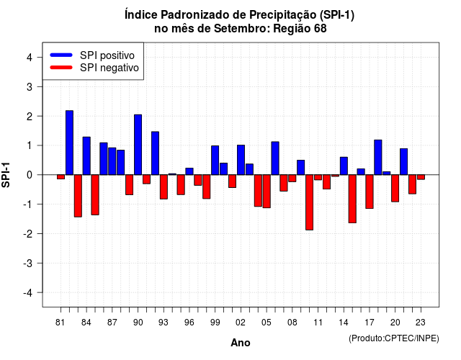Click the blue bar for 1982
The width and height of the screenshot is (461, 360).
click(x=69, y=143)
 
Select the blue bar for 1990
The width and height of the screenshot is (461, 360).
click(x=138, y=145)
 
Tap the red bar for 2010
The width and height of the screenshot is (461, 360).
click(x=309, y=202)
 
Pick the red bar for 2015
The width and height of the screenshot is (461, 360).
click(x=352, y=199)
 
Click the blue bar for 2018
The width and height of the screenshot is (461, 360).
click(x=377, y=157)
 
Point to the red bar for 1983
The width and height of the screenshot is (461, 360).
click(x=78, y=196)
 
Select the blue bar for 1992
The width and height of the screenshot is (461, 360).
click(x=156, y=153)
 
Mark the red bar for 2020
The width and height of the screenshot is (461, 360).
click(x=395, y=188)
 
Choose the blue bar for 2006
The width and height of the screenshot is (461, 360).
click(x=275, y=158)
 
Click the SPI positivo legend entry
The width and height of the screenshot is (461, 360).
click(x=92, y=55)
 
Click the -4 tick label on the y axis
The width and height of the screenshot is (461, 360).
click(x=28, y=293)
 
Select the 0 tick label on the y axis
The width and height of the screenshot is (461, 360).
click(x=30, y=175)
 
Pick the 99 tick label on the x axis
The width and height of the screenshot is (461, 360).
click(x=215, y=323)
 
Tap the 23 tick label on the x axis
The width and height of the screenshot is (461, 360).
click(x=421, y=323)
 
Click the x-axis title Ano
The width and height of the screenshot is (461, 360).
click(x=241, y=343)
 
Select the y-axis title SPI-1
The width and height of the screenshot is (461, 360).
click(x=6, y=175)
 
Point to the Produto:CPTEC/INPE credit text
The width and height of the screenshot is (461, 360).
click(x=394, y=338)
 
